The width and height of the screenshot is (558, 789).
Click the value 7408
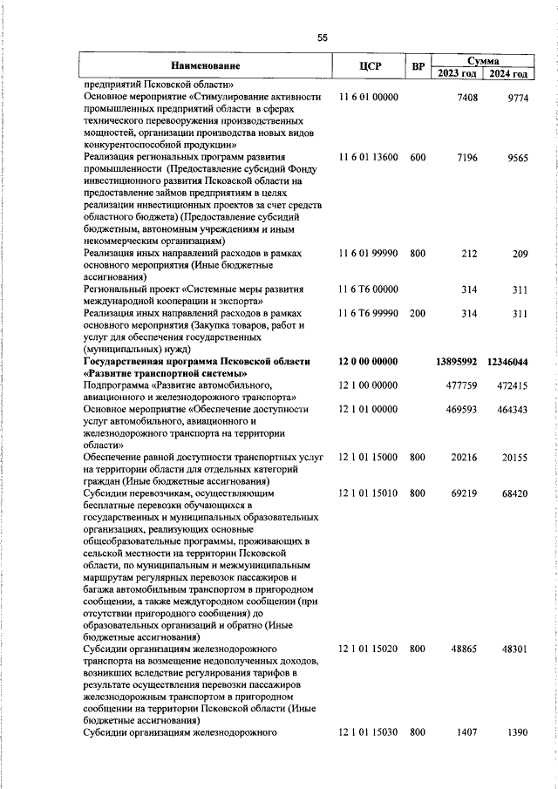467,98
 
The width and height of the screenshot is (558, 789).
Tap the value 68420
514,493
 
